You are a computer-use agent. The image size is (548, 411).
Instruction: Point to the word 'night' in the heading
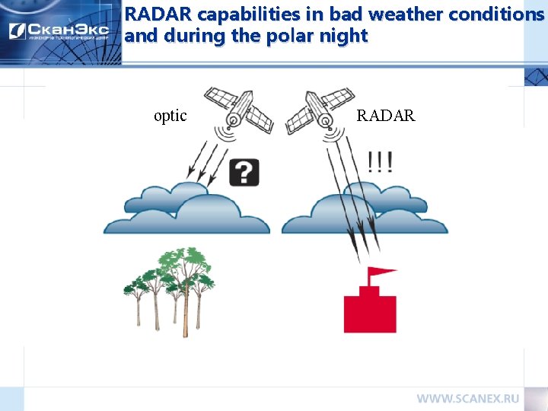(x=346, y=36)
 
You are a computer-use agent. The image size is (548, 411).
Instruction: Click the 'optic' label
(x=170, y=116)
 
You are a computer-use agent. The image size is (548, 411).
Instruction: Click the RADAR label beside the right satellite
(x=386, y=116)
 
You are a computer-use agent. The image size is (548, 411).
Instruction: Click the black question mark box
(x=244, y=173)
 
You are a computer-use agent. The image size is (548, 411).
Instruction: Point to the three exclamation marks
(x=380, y=162)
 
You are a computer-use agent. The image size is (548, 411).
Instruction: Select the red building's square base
(x=370, y=314)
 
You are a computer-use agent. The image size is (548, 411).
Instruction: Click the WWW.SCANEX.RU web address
(x=467, y=398)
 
